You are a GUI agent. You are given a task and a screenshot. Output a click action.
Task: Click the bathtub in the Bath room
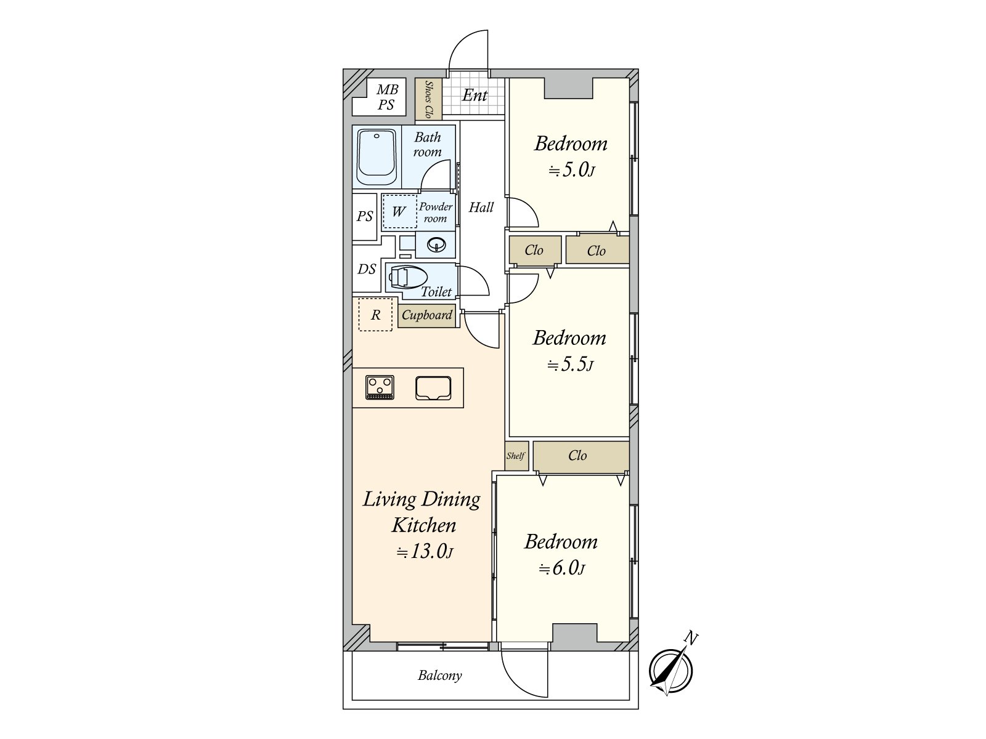pyautogui.click(x=377, y=157)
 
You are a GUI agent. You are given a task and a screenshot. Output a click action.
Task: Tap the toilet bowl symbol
pyautogui.click(x=407, y=277)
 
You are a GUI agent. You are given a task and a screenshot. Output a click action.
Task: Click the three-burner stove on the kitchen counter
pyautogui.click(x=380, y=387)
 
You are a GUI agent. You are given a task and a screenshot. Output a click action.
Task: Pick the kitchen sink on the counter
pyautogui.click(x=433, y=388)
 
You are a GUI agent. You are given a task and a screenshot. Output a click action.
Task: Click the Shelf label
pyautogui.click(x=516, y=456)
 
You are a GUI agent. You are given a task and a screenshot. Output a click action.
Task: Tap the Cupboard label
pyautogui.click(x=426, y=315)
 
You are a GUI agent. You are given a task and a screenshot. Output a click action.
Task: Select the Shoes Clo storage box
pyautogui.click(x=428, y=99)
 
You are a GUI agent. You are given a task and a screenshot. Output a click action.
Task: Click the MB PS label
pyautogui.click(x=387, y=97)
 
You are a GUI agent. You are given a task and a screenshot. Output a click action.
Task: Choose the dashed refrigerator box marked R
pyautogui.click(x=375, y=315)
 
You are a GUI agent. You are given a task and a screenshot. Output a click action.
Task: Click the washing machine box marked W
pyautogui.click(x=399, y=211)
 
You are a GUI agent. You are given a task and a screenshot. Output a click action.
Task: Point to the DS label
pyautogui.click(x=367, y=269)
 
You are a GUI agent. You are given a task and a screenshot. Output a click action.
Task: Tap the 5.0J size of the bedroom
pyautogui.click(x=571, y=171)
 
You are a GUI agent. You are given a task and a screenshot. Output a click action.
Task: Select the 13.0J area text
pyautogui.click(x=424, y=551)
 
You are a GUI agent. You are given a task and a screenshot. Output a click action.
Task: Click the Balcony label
pyautogui.click(x=440, y=676)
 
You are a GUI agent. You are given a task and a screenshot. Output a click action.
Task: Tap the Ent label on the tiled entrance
pyautogui.click(x=475, y=95)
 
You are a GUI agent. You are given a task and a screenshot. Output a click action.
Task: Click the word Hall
pyautogui.click(x=481, y=208)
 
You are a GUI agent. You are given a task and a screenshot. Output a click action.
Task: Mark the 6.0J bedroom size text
pyautogui.click(x=562, y=568)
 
